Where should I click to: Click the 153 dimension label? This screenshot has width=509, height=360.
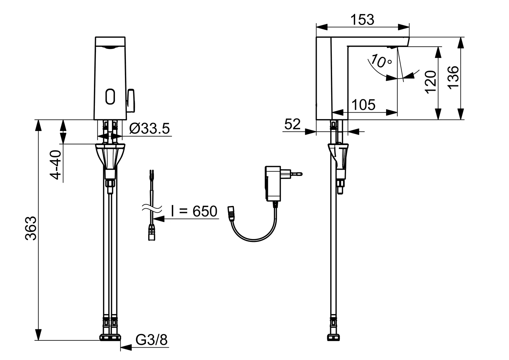click(x=362, y=20)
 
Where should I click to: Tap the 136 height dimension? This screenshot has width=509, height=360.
click(x=453, y=77)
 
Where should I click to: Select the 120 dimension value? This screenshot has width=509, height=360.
click(x=431, y=82)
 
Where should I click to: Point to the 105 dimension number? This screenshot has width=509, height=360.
click(x=363, y=105)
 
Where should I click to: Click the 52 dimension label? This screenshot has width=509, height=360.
click(x=292, y=124)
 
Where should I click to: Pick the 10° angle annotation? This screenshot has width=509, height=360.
click(x=381, y=61)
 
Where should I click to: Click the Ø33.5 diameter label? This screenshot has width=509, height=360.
click(x=149, y=128)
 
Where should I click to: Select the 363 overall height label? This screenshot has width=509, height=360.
click(x=31, y=228)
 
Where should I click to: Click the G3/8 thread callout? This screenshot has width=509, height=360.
click(x=151, y=340)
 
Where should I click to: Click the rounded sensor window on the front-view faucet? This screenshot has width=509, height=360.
click(x=110, y=96)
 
